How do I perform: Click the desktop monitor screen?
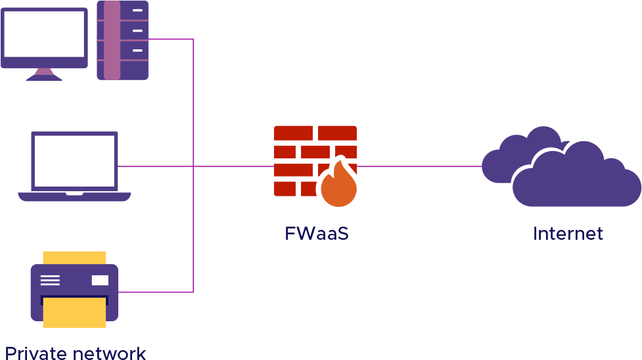(x=44, y=34)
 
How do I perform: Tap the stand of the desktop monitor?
(x=44, y=74)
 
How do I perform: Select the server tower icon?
(x=123, y=40)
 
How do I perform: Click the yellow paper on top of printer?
(x=74, y=257)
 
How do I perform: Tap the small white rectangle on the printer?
(x=100, y=281)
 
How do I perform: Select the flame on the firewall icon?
(x=338, y=186)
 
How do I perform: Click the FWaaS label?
(x=316, y=233)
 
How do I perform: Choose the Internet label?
(x=568, y=233)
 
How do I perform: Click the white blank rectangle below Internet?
(x=534, y=317)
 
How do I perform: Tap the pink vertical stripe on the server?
(x=112, y=40)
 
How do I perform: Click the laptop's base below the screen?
(x=74, y=196)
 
